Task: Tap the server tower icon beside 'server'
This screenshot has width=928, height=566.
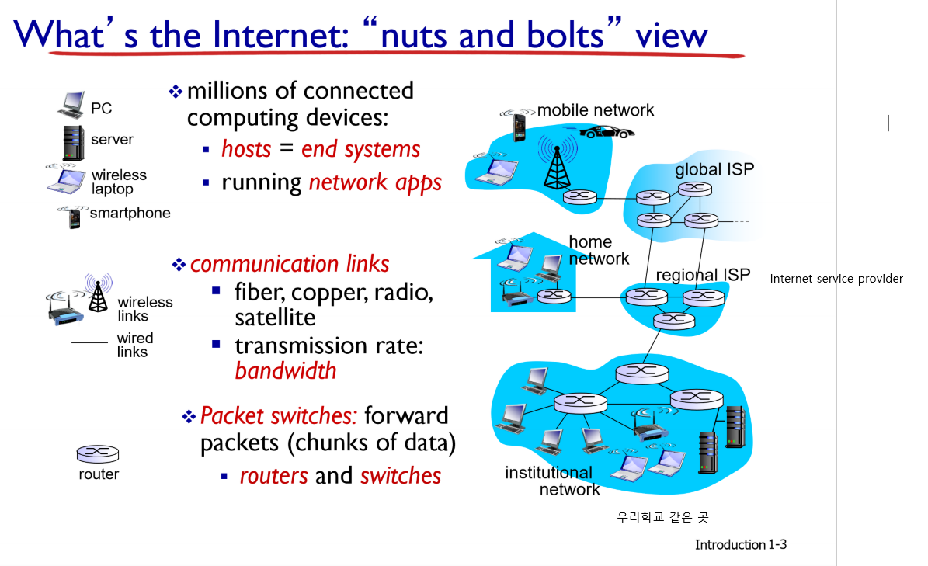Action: tap(73, 142)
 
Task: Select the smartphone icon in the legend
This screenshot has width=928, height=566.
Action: tap(75, 218)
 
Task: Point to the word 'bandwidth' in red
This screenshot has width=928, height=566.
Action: tap(286, 370)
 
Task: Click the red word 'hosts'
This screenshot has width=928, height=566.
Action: tap(246, 149)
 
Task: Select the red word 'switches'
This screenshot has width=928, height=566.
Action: tap(401, 475)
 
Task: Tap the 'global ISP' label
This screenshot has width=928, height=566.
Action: tap(714, 169)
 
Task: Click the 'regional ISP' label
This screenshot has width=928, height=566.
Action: tap(703, 275)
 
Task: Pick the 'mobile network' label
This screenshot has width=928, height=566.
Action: tap(596, 110)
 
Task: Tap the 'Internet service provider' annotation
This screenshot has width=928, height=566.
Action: tap(836, 278)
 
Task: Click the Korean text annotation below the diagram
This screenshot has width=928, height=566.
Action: tap(662, 516)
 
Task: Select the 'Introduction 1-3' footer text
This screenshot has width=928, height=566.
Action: tap(740, 544)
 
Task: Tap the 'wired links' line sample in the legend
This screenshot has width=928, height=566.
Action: tap(89, 343)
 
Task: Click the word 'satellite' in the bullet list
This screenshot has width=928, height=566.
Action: tap(275, 318)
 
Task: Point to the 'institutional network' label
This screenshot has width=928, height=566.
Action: tap(552, 481)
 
